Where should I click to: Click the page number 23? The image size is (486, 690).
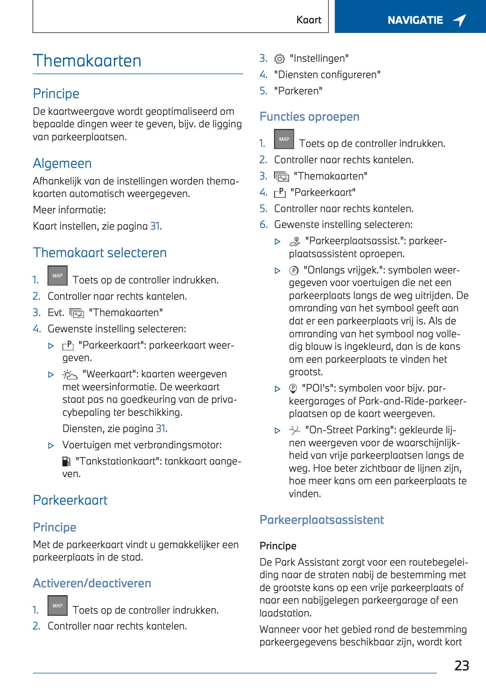[461, 665]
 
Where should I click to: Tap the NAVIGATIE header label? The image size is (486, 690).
[415, 20]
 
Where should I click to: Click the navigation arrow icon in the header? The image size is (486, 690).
[460, 20]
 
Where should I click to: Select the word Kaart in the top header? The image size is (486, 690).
[309, 20]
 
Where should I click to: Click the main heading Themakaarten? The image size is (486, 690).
[87, 61]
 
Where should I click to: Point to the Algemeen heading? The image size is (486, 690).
[62, 164]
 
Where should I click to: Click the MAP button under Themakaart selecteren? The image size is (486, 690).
[58, 276]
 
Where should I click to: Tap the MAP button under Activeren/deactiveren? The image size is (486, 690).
[58, 606]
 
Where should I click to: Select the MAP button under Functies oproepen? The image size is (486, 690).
[284, 139]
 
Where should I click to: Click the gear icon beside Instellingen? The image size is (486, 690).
[280, 59]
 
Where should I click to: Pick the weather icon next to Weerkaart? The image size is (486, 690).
[70, 374]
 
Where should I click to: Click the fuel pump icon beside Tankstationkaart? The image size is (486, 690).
[66, 461]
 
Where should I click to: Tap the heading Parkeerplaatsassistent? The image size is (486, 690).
[322, 520]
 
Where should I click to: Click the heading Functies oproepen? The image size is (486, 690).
[310, 116]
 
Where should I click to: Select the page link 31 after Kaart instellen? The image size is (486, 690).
[155, 226]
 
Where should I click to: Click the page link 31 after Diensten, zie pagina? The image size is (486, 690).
[161, 429]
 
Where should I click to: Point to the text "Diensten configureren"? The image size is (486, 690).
[327, 75]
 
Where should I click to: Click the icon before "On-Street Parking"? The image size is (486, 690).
[295, 430]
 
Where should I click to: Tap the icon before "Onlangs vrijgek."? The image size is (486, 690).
[294, 270]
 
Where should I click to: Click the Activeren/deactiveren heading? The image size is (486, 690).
[92, 583]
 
